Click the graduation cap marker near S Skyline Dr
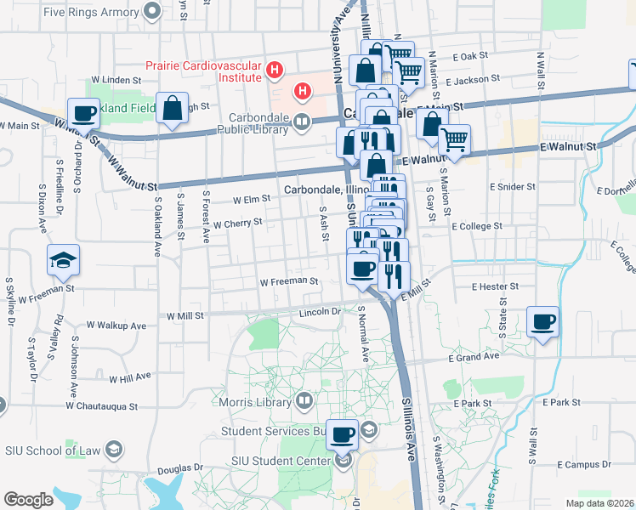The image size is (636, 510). coord(62,260)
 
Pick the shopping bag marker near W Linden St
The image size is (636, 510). coord(173,109)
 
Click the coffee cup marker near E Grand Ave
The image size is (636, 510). coord(542,322)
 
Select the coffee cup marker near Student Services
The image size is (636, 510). coord(343,435)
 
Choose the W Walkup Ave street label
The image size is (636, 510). coord(116,326)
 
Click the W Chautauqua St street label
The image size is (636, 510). coord(106,405)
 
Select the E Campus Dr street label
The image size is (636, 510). coord(588,464)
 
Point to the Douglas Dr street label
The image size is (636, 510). coord(180,467)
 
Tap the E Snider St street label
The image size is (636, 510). coord(512,186)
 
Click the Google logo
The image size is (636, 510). coord(28,500)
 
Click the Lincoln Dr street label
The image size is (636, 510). coord(320,312)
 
